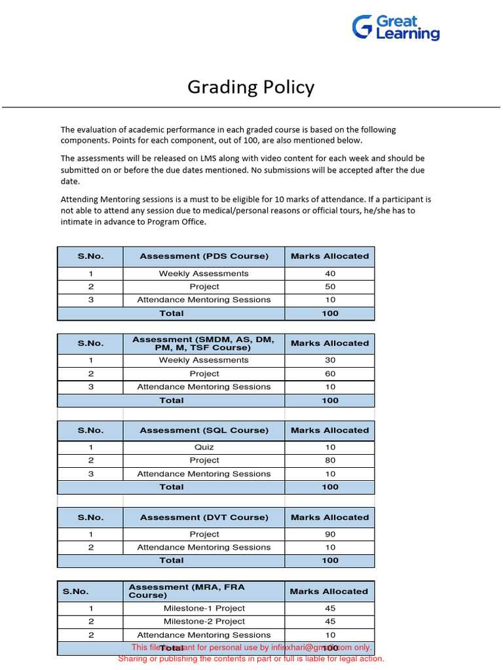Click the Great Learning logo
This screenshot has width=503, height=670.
396,28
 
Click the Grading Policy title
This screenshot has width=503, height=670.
251,87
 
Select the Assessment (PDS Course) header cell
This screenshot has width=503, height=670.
204,256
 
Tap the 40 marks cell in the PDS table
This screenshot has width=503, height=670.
330,273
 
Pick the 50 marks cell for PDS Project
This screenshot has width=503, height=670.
330,287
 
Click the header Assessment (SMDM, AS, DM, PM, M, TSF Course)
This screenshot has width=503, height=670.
204,344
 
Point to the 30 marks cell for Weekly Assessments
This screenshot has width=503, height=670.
330,361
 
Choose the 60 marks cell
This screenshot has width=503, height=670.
330,374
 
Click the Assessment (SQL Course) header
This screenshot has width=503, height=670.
204,431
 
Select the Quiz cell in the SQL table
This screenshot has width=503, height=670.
204,448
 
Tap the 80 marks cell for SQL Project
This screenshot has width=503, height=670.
330,461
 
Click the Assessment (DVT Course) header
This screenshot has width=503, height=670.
204,518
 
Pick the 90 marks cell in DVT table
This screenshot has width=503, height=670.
330,535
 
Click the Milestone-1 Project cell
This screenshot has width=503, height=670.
204,608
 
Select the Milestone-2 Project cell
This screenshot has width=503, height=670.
204,622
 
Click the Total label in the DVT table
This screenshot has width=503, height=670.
171,561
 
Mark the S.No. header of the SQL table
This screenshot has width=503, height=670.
90,431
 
